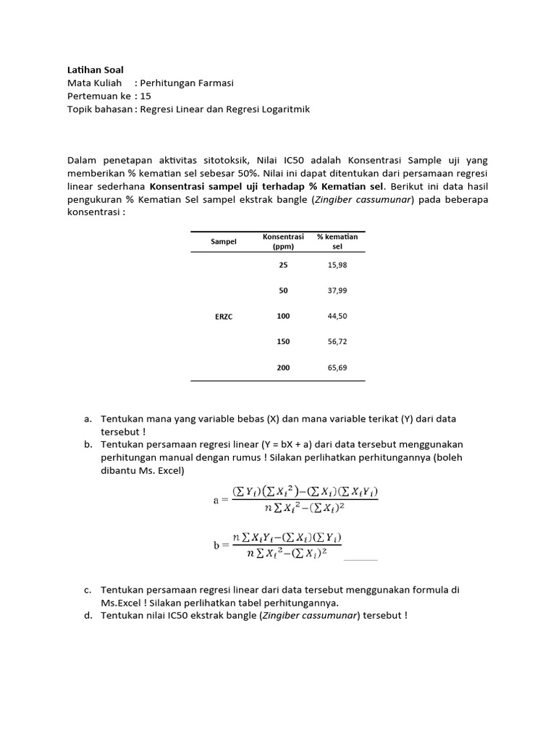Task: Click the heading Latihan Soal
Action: (95, 70)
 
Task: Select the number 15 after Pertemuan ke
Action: (146, 96)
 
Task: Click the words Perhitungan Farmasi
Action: (187, 83)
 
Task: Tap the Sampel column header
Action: (224, 241)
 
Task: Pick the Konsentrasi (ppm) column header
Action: (283, 241)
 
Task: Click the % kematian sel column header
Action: (337, 241)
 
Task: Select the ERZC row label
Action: (224, 317)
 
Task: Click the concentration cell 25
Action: (283, 265)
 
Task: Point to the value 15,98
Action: (337, 265)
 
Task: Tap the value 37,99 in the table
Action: (337, 291)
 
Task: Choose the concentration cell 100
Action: (283, 316)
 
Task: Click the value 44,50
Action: (337, 316)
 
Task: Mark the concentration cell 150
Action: (283, 341)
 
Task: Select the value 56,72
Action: (337, 341)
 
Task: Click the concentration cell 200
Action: (283, 367)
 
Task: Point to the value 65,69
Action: (337, 367)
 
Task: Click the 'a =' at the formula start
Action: (219, 500)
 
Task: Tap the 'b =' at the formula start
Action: (219, 546)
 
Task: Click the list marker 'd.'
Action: (88, 616)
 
